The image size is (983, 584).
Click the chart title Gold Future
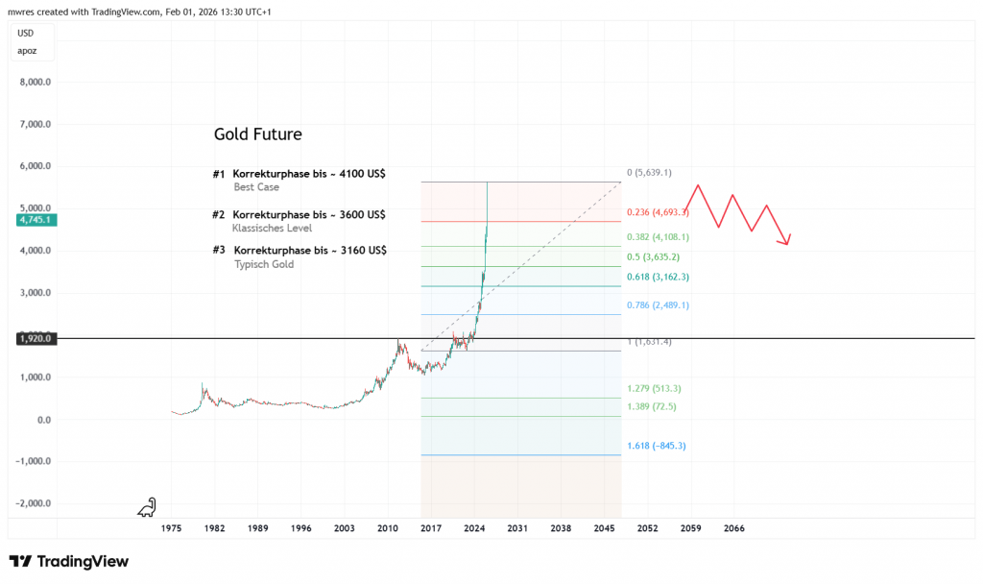coord(258,134)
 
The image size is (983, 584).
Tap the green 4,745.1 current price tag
coord(34,220)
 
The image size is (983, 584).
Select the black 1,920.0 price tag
coord(34,338)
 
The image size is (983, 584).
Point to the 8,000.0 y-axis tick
coord(35,83)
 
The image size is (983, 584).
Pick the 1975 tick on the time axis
coord(171,528)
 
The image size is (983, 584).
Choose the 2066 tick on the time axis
coord(734,528)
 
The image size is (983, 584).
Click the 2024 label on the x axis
coord(473,528)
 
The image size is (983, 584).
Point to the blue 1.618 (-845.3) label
coord(657,446)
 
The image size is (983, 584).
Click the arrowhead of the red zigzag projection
coord(787,242)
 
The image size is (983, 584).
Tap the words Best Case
coord(256,187)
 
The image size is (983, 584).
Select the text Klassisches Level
coord(272,229)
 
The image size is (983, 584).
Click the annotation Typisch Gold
coord(264,264)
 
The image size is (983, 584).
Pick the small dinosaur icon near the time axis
coord(147,506)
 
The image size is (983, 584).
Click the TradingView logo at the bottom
coord(69,561)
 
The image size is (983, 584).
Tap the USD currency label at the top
coord(26,33)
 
